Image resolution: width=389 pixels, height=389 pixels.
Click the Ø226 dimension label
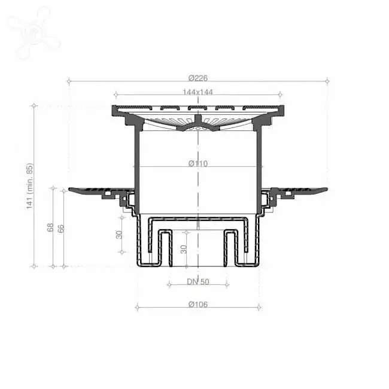click(x=198, y=78)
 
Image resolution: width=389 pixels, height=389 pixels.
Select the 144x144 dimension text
click(x=197, y=92)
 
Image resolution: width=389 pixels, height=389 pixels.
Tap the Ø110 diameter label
click(x=198, y=163)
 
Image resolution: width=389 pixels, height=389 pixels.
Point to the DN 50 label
click(x=198, y=282)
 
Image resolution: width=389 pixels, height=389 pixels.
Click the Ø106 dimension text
click(x=198, y=304)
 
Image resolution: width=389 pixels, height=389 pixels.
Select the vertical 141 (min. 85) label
click(x=29, y=186)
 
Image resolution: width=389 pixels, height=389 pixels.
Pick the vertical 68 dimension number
click(x=50, y=227)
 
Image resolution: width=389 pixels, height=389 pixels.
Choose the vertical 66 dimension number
click(x=61, y=229)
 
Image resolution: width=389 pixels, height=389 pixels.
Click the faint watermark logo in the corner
click(x=32, y=32)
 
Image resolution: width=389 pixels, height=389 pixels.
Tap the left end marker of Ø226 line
click(x=69, y=81)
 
